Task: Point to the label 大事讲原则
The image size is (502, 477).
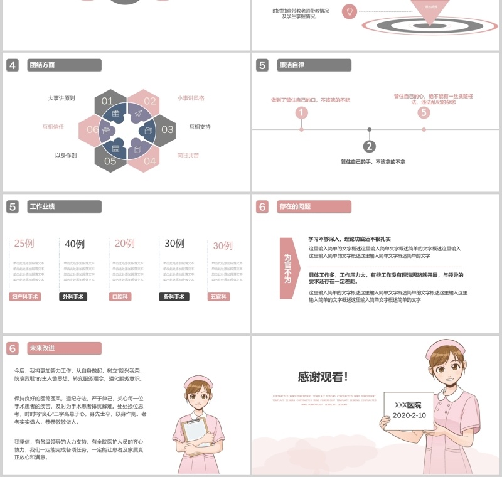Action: coord(61,99)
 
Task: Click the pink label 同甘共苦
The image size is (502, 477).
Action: coord(188,155)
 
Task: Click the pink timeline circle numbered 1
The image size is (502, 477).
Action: coord(302,113)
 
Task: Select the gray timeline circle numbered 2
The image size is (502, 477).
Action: coord(370,146)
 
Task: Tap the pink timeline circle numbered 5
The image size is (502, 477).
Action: coord(424,113)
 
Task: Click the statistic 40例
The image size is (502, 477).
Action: coord(75,244)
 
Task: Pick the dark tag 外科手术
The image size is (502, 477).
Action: coord(73,297)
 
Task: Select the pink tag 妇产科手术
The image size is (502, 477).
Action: coord(25,297)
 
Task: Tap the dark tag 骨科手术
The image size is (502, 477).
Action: coord(174,297)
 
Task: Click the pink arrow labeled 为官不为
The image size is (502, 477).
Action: coord(287,268)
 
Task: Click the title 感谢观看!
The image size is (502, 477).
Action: coord(323,377)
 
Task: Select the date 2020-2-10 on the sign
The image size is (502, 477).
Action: coord(409,415)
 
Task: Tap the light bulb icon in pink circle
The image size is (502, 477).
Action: coord(350,11)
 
